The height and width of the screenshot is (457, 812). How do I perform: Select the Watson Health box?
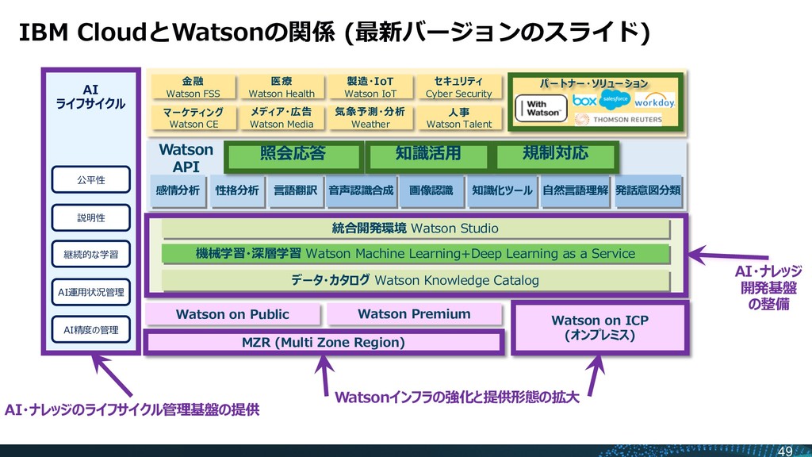coord(282,87)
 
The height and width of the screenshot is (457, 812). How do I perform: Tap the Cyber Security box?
coord(458,87)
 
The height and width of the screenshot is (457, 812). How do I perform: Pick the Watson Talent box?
coord(458,117)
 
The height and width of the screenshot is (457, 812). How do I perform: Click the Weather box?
coord(370,117)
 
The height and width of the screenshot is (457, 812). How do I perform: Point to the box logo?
coord(584,102)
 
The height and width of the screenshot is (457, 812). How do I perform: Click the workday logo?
coord(654,102)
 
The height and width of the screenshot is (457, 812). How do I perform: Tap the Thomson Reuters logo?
coord(624,119)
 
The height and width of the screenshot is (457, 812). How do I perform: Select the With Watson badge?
coord(542,108)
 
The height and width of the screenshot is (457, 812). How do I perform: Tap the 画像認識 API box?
coord(431,190)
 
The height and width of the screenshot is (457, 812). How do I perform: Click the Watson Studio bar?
coord(416,228)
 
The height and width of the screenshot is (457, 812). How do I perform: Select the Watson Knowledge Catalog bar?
coord(416,280)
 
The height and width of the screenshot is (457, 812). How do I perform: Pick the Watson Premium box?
coord(414,314)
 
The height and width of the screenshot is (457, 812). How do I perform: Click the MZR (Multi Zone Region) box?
coord(323,343)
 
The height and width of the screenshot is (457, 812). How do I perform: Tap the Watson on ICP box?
coord(599,328)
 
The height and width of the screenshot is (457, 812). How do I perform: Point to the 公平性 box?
coord(90,180)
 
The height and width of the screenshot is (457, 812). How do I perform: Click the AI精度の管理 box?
coord(90,329)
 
